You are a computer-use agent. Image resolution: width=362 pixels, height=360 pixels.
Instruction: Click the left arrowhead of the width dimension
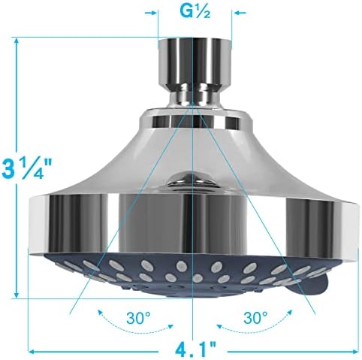(33, 348)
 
